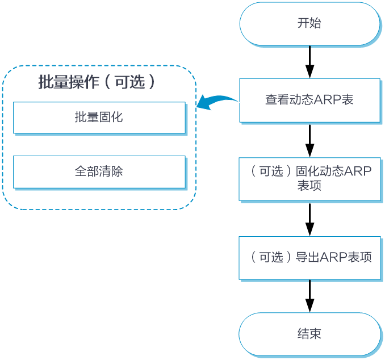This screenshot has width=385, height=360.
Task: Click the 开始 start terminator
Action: [309, 24]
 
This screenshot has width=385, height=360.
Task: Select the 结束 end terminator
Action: [309, 334]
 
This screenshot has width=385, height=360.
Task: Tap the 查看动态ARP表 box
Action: [309, 100]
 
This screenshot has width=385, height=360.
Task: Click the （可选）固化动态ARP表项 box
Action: [309, 178]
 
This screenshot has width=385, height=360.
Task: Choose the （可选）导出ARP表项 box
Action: [309, 257]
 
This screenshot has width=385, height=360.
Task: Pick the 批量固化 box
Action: [99, 118]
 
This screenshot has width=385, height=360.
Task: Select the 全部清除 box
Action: [99, 171]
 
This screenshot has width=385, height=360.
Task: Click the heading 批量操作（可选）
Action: [97, 82]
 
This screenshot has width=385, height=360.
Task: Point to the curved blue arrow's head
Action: [199, 106]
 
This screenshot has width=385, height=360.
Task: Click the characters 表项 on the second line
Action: [309, 186]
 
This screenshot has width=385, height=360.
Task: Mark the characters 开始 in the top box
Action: [309, 24]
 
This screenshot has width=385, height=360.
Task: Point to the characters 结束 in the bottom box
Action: [309, 334]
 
